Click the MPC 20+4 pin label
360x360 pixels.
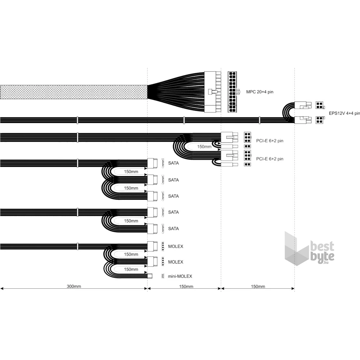[260, 92]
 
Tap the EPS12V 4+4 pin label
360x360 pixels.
[345, 113]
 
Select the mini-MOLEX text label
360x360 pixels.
[180, 276]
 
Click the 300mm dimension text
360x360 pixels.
[74, 286]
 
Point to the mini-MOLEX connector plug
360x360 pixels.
[149, 276]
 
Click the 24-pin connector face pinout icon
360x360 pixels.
[232, 92]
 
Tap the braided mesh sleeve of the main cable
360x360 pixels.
[74, 92]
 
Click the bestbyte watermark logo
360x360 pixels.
[310, 249]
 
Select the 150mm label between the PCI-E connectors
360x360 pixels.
[204, 147]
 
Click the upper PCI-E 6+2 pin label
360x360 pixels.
[270, 141]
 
